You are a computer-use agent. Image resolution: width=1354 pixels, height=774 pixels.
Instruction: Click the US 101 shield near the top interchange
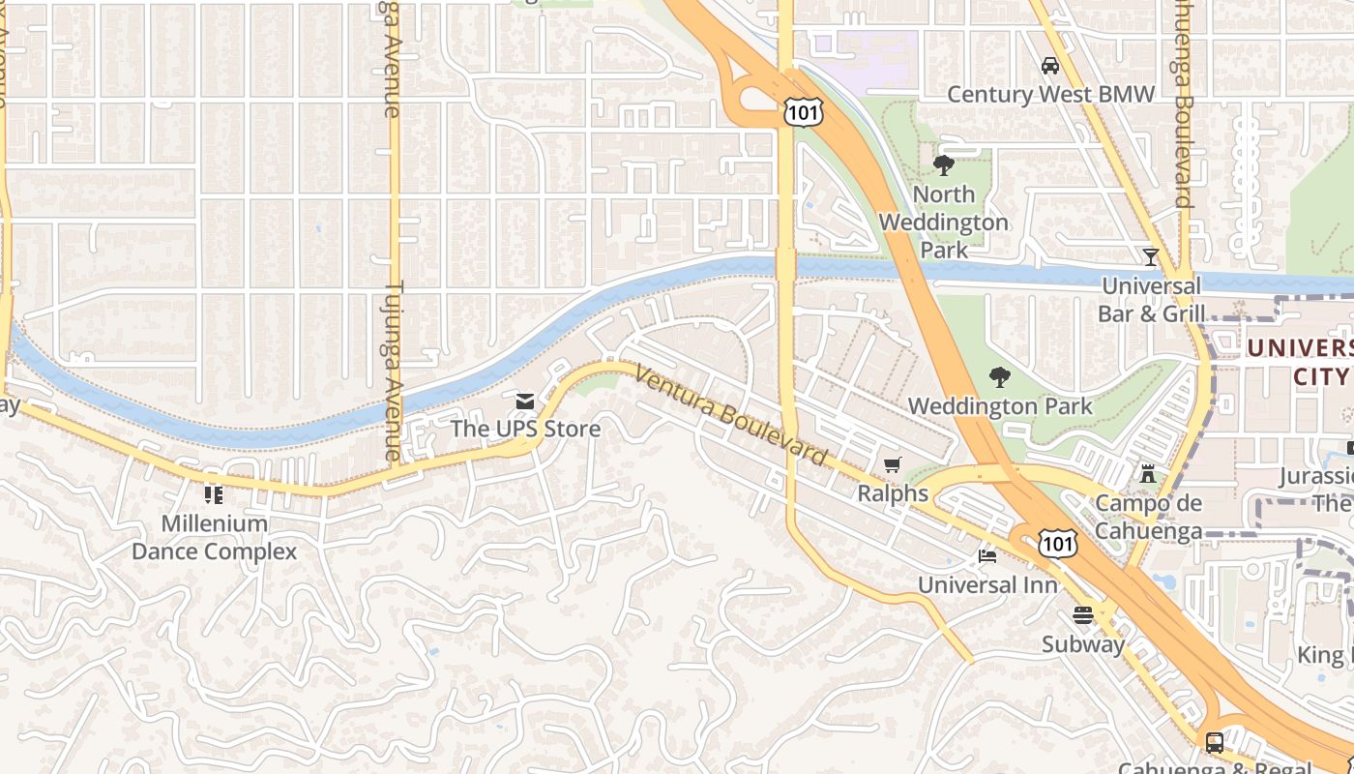tap(804, 112)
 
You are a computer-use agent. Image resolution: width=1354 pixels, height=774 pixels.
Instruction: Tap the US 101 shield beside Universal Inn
tap(1058, 544)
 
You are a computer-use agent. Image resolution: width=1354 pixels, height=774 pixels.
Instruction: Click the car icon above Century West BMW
tap(1049, 66)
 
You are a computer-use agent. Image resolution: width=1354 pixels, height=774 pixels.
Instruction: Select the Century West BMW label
tap(1050, 94)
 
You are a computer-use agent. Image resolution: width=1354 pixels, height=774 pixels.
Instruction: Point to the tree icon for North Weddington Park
tap(943, 165)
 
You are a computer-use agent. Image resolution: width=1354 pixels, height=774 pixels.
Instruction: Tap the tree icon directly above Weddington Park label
tap(1000, 377)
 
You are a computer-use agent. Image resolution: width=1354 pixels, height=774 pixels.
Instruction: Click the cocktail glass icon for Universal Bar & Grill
tap(1150, 257)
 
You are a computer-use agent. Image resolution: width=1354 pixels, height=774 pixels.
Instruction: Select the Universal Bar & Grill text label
tap(1151, 300)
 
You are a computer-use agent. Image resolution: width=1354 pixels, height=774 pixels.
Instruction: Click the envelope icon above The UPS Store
tap(525, 401)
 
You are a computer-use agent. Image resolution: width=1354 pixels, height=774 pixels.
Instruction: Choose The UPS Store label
tap(525, 429)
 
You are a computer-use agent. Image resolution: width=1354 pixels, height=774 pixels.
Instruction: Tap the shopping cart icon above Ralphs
tap(892, 465)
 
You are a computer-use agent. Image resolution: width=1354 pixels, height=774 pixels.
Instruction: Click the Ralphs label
tap(893, 493)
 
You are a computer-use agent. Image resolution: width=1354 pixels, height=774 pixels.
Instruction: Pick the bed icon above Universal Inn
tap(986, 557)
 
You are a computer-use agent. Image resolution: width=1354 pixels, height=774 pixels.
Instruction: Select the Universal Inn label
tap(986, 585)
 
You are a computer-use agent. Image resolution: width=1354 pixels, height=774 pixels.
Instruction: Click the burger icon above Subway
tap(1082, 615)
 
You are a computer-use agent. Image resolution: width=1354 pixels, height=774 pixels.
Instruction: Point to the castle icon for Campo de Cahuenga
tap(1148, 474)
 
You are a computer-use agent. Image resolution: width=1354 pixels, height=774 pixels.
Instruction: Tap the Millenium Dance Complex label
tap(214, 538)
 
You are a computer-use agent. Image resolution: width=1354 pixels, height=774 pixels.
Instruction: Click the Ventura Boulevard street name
tap(731, 415)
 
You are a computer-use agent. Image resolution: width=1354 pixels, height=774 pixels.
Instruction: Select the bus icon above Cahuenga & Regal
tap(1214, 742)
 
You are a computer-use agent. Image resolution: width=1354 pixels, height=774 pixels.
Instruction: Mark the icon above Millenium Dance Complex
tap(214, 495)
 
